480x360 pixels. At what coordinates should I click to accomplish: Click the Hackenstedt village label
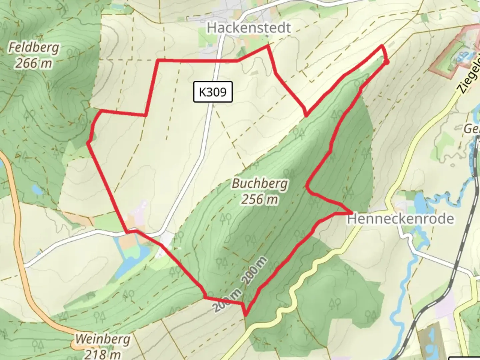coord(249,28)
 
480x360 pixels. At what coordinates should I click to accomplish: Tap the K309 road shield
coord(213,92)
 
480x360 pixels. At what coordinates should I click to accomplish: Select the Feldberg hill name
coord(33,48)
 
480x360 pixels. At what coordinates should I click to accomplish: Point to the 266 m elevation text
coord(33,63)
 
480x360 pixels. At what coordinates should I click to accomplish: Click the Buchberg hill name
coord(260,183)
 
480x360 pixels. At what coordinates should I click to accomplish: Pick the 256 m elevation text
coord(260,199)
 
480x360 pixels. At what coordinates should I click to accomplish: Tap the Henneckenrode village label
coord(400,219)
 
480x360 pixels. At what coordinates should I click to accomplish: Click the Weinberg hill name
coord(102,339)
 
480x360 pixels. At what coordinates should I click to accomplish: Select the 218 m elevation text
coord(102,354)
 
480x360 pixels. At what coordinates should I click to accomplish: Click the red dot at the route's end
coord(386,62)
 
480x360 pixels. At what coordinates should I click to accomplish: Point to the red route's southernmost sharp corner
coord(246,315)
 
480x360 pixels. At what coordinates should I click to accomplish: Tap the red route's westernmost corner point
coord(88,143)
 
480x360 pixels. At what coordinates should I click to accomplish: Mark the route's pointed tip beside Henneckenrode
coord(352,212)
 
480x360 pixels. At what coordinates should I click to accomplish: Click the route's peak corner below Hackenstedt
coord(267,46)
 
